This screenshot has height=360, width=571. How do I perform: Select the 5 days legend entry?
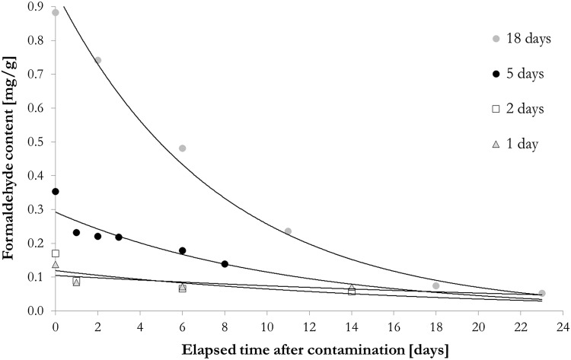[518, 74]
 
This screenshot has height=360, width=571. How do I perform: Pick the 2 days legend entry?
[518, 109]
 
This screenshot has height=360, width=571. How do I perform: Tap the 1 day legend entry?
[515, 144]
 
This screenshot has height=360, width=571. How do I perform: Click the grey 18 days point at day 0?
[55, 13]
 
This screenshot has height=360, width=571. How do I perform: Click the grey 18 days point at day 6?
[182, 148]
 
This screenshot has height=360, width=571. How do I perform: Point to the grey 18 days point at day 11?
[288, 231]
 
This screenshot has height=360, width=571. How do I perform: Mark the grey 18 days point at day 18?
[436, 285]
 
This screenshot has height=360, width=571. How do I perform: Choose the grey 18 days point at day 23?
[542, 293]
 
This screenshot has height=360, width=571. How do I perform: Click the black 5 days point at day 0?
[55, 192]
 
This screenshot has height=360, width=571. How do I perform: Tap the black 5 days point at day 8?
[225, 264]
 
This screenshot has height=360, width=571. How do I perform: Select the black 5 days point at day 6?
[182, 250]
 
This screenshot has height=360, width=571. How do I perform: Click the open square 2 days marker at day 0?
[55, 253]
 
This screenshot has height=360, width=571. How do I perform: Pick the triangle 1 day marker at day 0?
[55, 264]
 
